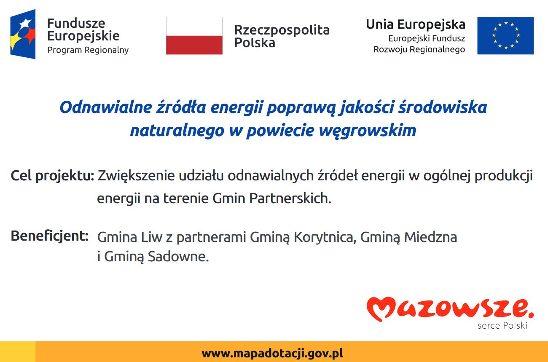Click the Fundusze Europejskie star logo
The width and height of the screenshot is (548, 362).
[x=23, y=34]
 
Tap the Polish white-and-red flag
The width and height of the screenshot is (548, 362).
[x=194, y=36]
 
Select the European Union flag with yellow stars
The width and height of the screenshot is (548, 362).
[x=505, y=36]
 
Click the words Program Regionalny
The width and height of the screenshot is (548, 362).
[x=88, y=51]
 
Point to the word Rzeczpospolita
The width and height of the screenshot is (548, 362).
[x=282, y=30]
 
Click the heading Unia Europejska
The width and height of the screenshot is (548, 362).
[x=415, y=25]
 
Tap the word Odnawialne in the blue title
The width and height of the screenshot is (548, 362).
[x=106, y=107]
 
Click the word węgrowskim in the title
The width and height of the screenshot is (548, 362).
[x=368, y=131]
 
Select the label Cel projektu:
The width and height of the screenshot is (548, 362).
[x=52, y=176]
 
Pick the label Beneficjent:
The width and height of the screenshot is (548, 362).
[x=49, y=236]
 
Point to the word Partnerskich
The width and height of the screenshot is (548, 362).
[x=290, y=198]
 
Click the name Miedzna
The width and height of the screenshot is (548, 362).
[x=430, y=237]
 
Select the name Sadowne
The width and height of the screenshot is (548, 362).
[x=178, y=257]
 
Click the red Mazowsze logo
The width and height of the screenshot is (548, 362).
[x=450, y=308]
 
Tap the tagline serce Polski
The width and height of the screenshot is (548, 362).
[x=502, y=326]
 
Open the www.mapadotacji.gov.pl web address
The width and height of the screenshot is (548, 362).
[x=272, y=354]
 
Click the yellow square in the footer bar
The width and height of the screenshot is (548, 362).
[x=18, y=352]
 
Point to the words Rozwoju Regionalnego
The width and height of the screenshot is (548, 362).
[x=419, y=49]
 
